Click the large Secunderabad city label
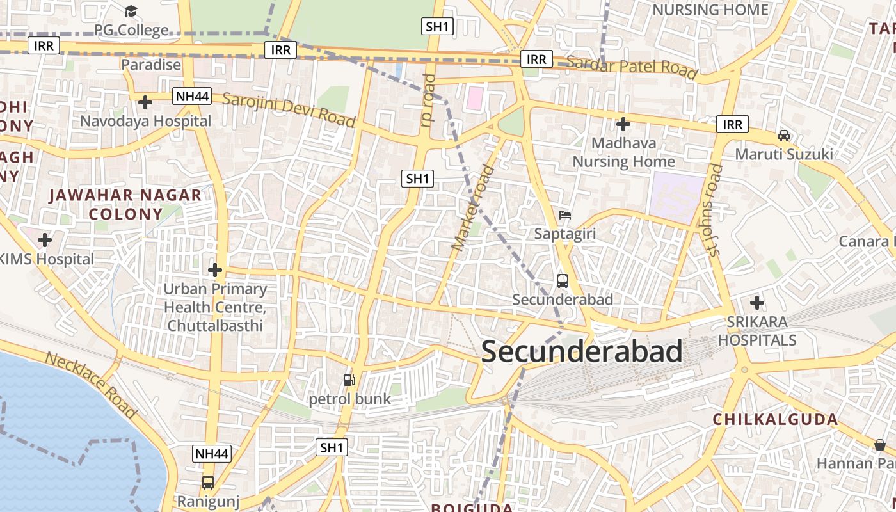tap(582, 352)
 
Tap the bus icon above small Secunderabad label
tap(562, 280)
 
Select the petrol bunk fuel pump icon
tap(349, 380)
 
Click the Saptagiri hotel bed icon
tap(564, 215)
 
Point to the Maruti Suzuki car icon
tap(783, 136)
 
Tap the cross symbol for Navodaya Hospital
tap(145, 102)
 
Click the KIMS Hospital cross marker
tap(44, 240)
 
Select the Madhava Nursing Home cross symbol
tap(623, 124)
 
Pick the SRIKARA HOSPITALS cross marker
tap(756, 302)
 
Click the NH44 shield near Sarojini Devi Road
tap(192, 97)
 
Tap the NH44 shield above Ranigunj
tap(211, 454)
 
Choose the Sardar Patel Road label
tap(632, 67)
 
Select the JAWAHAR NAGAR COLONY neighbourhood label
tap(125, 204)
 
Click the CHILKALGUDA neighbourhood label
tap(775, 420)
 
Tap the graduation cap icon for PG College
tap(131, 11)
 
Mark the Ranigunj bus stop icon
tap(208, 482)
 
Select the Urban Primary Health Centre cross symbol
tap(215, 270)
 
